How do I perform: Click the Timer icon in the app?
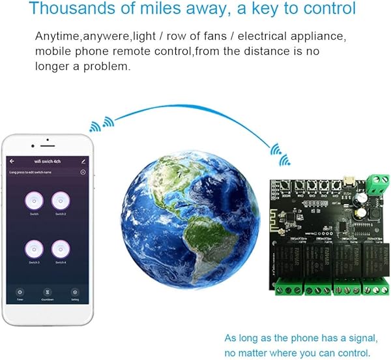point(20,292)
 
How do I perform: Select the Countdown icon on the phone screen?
point(47,292)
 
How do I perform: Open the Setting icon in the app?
point(75,292)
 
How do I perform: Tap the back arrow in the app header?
point(12,160)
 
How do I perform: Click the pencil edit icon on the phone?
point(83,160)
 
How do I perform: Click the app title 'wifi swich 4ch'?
point(47,160)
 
